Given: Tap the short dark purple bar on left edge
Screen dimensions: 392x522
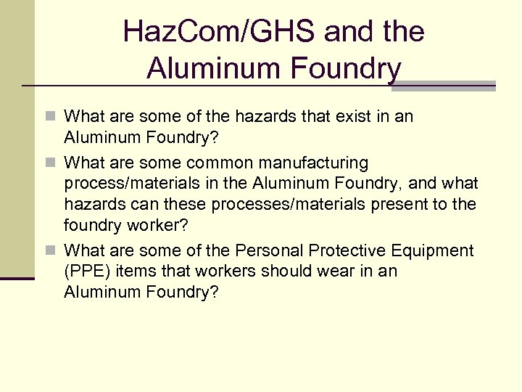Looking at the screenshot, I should (x=17, y=278).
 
